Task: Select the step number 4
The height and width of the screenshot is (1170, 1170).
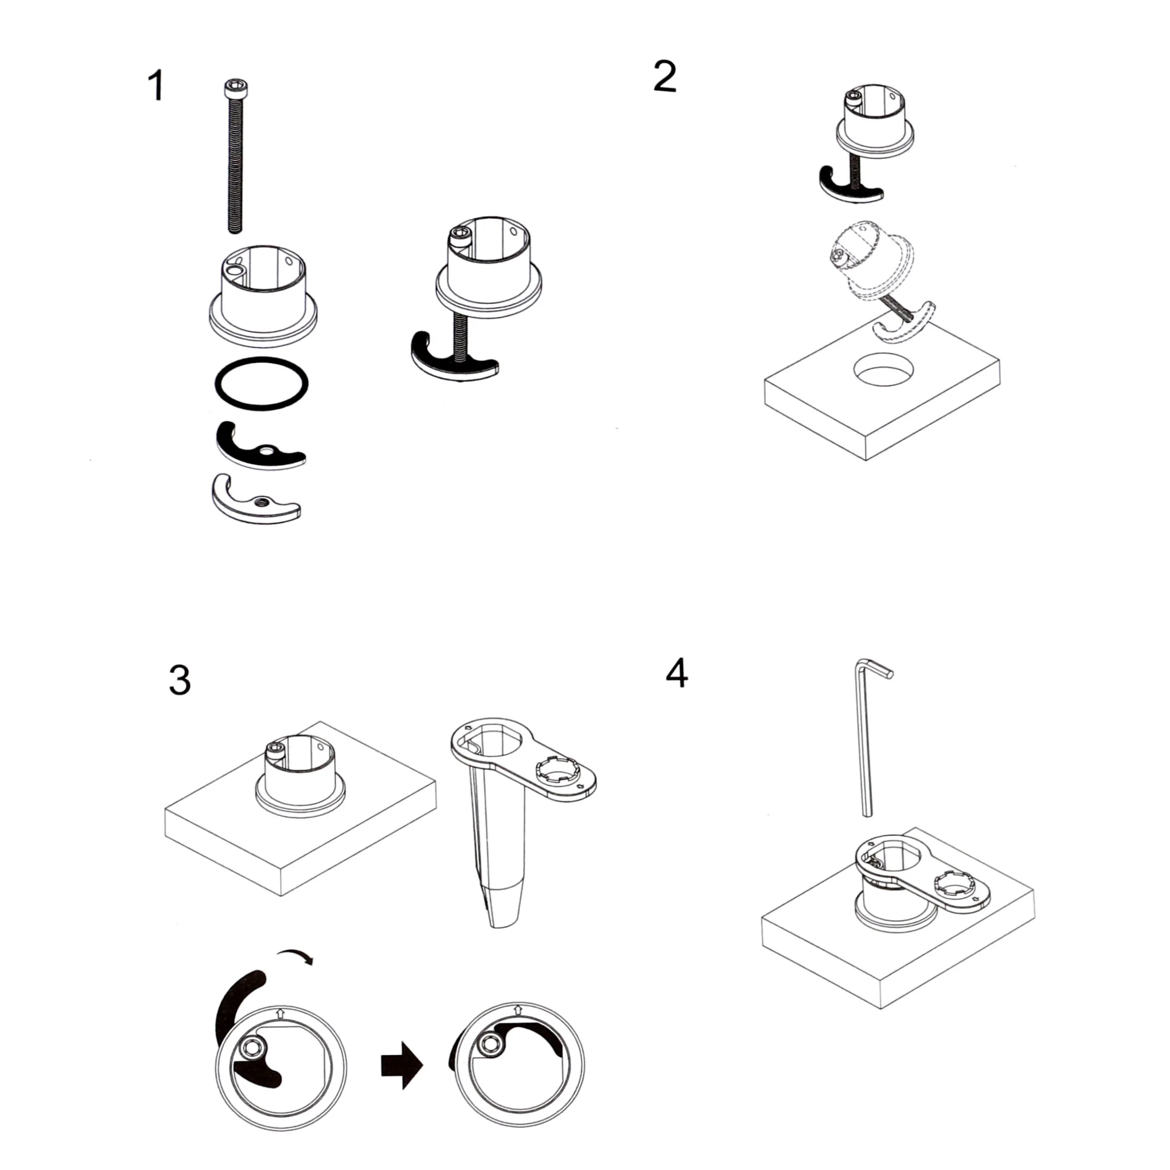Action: pyautogui.click(x=676, y=673)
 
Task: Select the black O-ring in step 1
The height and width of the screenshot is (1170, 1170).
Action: pyautogui.click(x=261, y=384)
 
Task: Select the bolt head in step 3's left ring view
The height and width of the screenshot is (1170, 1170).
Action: pyautogui.click(x=249, y=1047)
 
